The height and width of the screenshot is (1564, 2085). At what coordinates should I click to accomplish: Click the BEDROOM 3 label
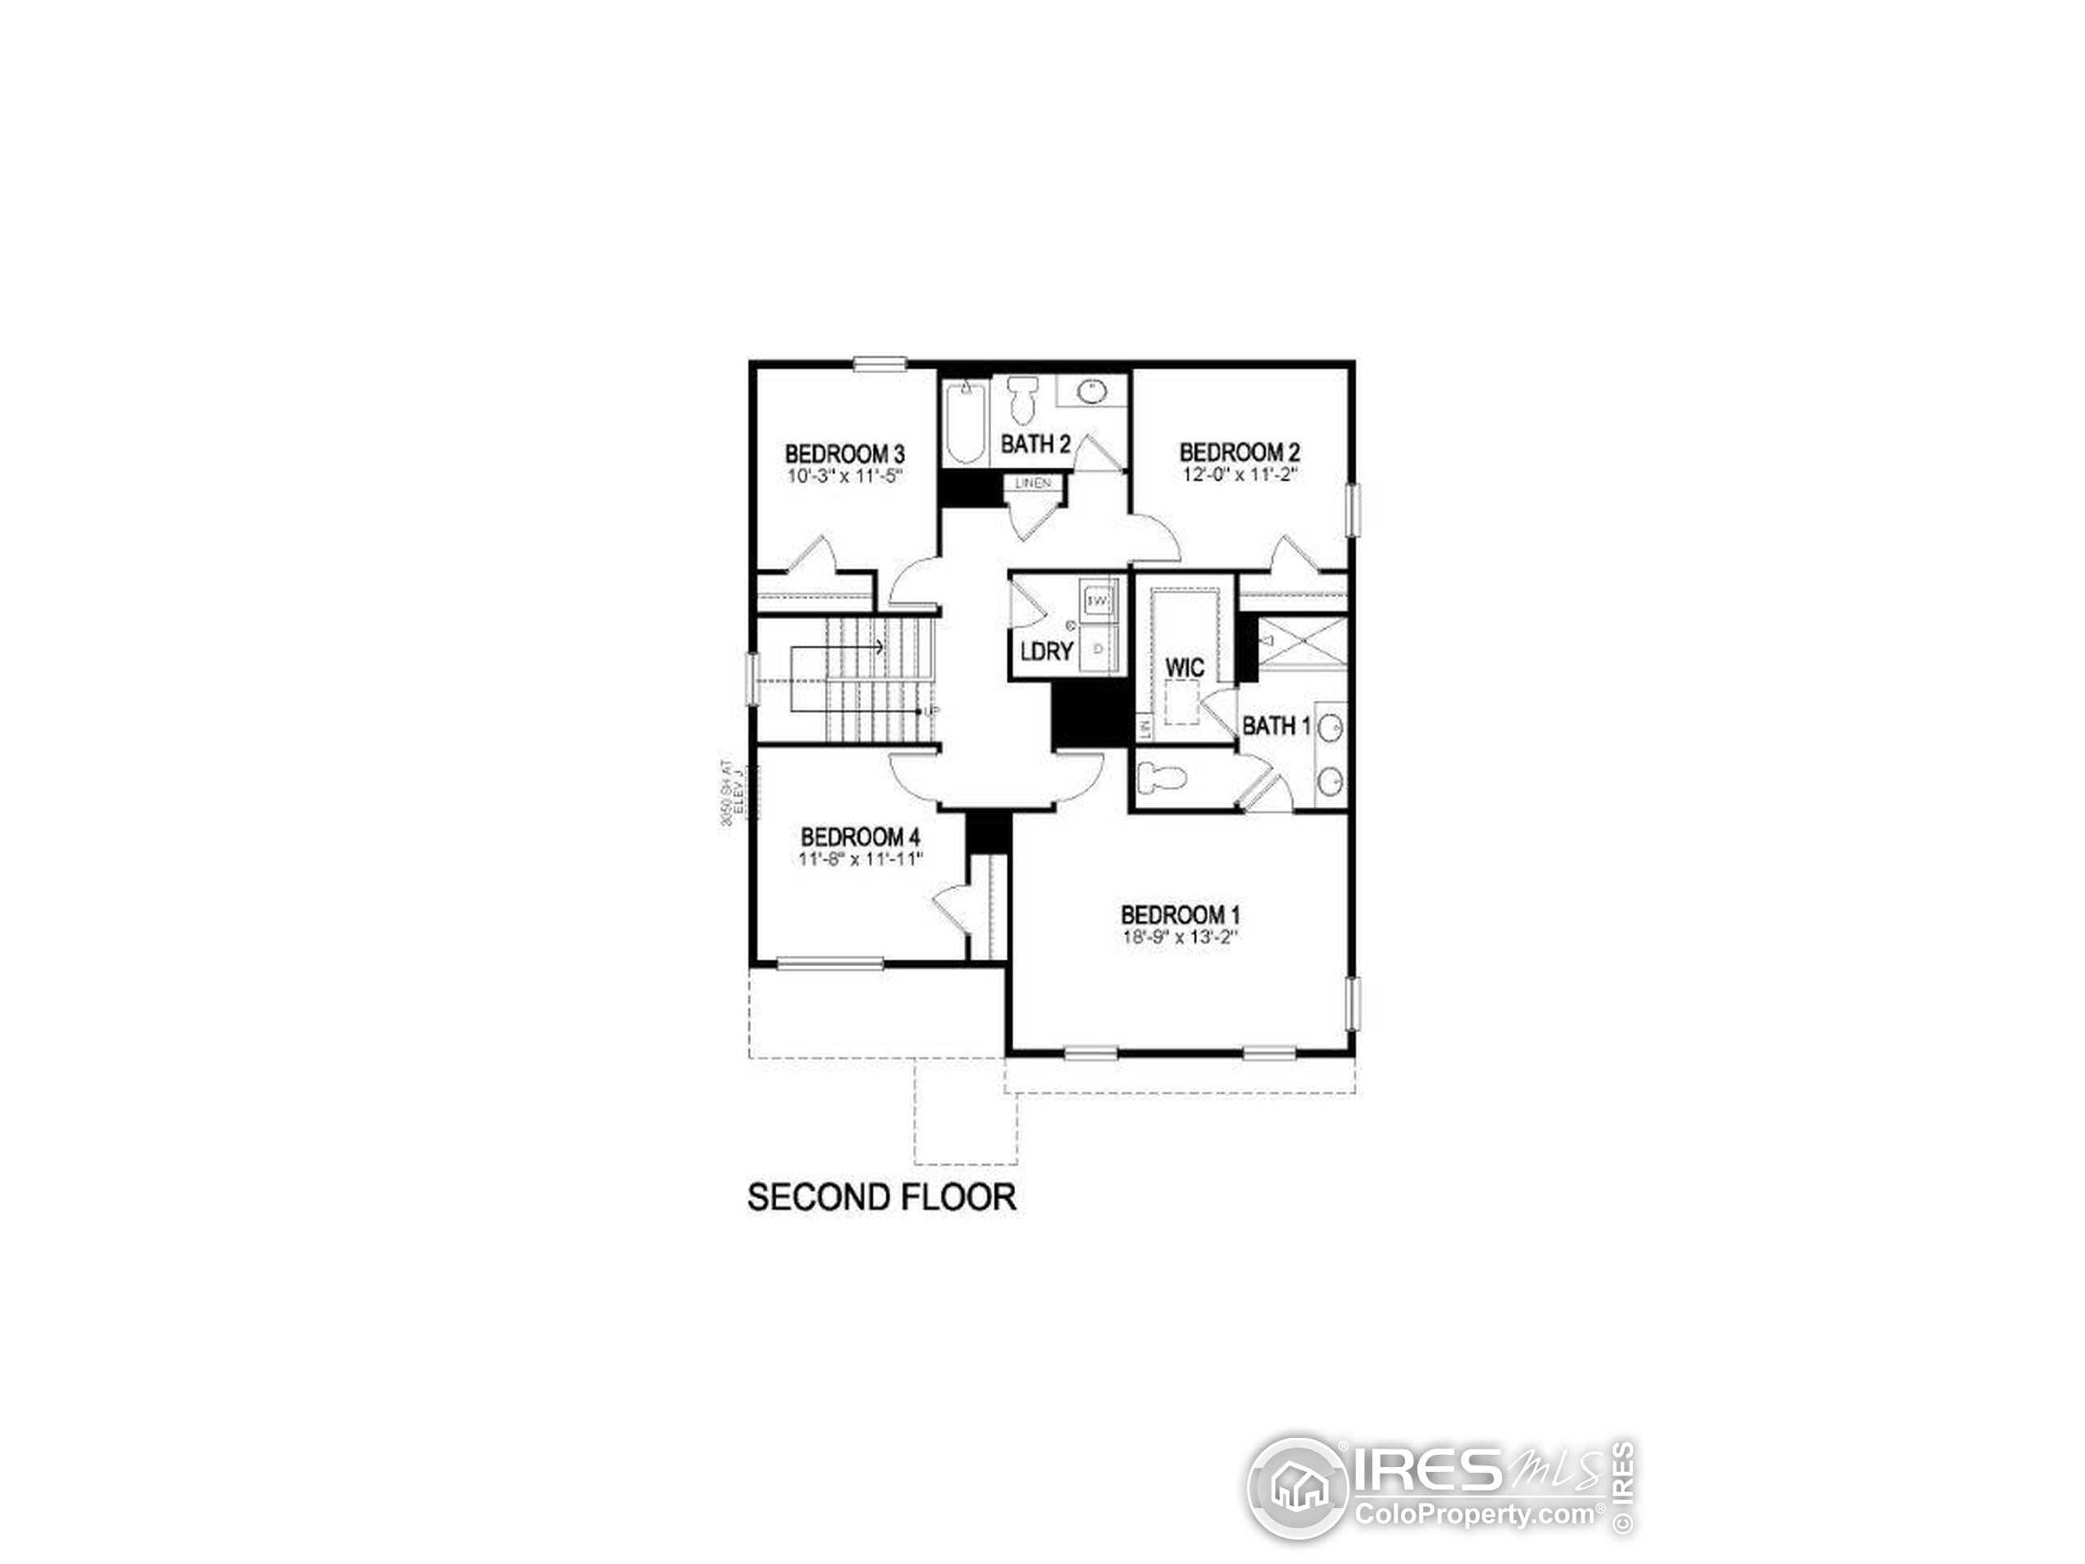tap(845, 455)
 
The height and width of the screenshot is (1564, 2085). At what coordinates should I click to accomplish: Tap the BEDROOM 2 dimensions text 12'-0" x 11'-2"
tap(1240, 475)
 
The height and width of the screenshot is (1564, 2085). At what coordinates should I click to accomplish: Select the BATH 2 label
tap(1035, 444)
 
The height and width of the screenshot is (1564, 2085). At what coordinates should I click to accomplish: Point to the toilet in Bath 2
tap(1021, 400)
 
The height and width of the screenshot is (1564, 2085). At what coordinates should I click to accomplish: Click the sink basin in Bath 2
tap(1091, 390)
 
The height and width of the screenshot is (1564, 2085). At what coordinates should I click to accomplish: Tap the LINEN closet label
tap(1032, 483)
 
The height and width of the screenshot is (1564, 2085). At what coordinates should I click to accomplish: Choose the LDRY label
tap(1047, 652)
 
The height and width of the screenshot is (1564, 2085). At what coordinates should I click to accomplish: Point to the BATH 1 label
tap(1275, 726)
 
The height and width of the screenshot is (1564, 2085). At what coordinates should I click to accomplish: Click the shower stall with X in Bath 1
tap(1301, 642)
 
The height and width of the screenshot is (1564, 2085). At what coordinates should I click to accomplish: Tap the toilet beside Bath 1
tap(1161, 778)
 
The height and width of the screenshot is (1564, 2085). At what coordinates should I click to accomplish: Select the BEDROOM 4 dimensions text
tap(859, 859)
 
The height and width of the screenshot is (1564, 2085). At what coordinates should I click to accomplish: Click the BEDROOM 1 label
tap(1179, 915)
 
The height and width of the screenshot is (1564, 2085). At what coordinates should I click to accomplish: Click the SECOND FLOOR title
tap(881, 1197)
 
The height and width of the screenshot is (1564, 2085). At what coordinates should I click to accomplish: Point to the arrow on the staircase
tap(876, 647)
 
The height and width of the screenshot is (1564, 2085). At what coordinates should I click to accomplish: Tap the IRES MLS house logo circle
tap(1298, 1488)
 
